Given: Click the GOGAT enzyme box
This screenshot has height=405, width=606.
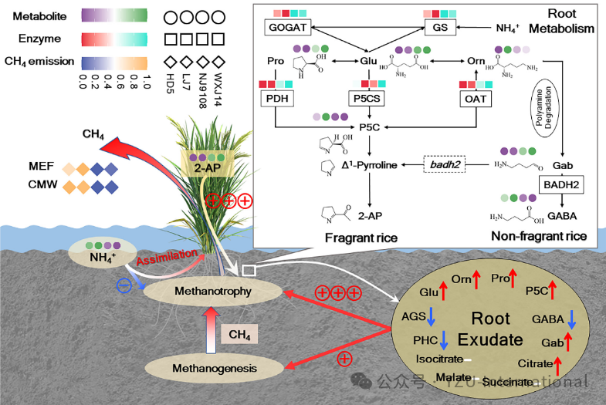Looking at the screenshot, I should (x=289, y=28).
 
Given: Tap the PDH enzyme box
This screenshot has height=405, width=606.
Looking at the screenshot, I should (x=276, y=99).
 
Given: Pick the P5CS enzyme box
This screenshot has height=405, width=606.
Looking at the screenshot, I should (x=366, y=99).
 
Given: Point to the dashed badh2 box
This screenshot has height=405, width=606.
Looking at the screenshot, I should (x=446, y=165).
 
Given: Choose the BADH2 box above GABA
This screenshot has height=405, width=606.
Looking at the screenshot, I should (x=560, y=185).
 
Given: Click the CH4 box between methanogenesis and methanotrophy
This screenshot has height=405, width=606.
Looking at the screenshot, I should (x=239, y=334).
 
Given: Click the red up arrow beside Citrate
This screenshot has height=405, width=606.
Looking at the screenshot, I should (x=558, y=364).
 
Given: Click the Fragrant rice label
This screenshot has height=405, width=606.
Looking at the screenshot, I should (x=361, y=238).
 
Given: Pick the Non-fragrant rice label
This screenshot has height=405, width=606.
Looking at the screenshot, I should (x=540, y=236).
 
